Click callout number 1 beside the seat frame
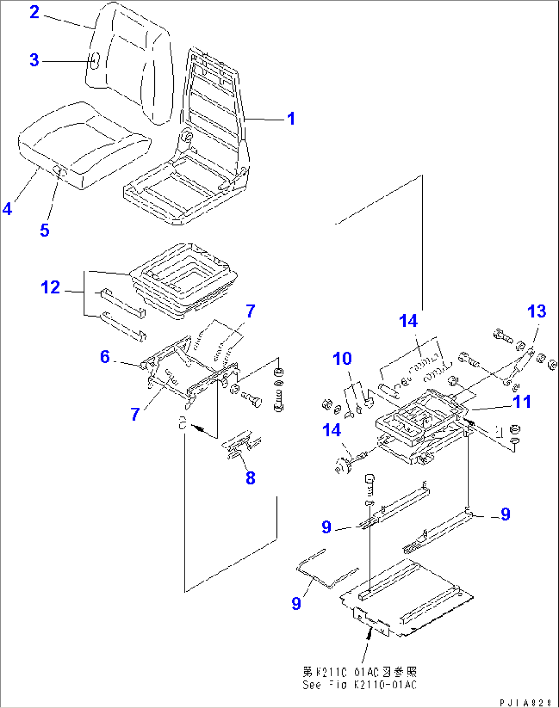point(291,119)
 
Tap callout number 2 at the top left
point(34,12)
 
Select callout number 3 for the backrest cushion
point(34,60)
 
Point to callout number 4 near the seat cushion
point(7,209)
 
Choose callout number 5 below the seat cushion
point(45,230)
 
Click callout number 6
point(105,357)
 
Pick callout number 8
point(250,478)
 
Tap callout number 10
point(342,359)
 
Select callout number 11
point(522,402)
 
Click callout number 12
point(50,287)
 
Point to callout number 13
point(536,311)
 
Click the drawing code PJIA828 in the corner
point(526,702)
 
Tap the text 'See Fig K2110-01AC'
point(360,685)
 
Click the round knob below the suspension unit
point(340,466)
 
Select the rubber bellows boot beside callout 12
point(185,282)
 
